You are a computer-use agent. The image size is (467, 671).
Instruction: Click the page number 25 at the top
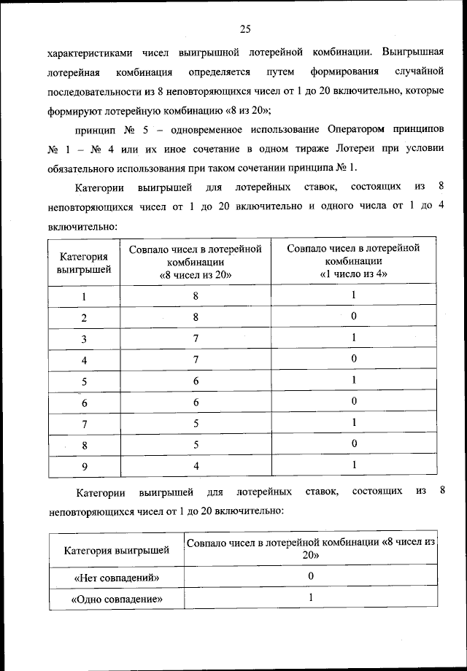[244, 29]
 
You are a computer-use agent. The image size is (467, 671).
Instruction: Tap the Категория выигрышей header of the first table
[84, 263]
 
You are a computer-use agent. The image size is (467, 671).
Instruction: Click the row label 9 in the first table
[84, 465]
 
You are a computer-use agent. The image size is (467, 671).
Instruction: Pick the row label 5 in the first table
[84, 381]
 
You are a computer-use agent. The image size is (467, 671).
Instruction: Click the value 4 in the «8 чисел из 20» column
[196, 465]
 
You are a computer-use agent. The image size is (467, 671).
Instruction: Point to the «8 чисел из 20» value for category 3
[196, 338]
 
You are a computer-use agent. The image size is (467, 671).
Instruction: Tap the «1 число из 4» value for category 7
[353, 423]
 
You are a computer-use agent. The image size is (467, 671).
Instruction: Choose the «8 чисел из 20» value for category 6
[196, 402]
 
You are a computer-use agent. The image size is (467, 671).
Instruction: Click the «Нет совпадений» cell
[116, 578]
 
